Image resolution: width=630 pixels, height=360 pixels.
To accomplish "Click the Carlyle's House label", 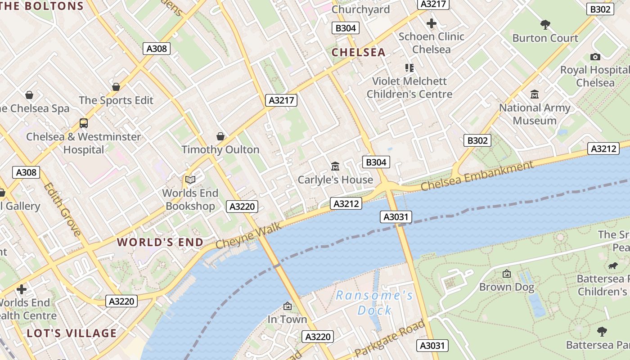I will click(x=335, y=180).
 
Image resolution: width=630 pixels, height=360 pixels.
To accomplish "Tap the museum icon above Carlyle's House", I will click(x=335, y=166).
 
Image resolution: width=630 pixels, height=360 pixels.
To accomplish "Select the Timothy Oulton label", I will click(x=220, y=149).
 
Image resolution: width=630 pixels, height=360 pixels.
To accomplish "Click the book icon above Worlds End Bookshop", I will click(x=190, y=180).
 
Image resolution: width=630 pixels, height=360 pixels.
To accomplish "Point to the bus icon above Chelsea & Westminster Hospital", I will click(x=83, y=123).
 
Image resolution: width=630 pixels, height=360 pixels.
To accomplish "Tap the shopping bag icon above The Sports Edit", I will click(x=116, y=87).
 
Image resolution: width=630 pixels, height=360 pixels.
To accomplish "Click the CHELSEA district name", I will click(x=359, y=52).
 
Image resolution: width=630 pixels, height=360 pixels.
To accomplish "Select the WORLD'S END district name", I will click(x=160, y=242).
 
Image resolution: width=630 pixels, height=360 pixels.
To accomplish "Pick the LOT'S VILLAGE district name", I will click(x=72, y=333).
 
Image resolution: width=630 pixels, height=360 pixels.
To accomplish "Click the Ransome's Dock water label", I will click(x=374, y=302).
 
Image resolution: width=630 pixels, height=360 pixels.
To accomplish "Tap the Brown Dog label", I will click(x=507, y=287).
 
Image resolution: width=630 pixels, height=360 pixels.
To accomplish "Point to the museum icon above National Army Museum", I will click(x=535, y=94).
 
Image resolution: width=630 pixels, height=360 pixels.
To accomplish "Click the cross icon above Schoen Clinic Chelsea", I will click(x=432, y=23).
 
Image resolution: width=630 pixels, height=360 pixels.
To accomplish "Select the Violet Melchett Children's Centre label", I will click(x=409, y=88).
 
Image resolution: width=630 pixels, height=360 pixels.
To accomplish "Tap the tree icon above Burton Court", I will click(x=545, y=24).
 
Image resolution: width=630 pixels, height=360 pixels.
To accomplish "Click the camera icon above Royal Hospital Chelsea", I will click(x=595, y=57).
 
